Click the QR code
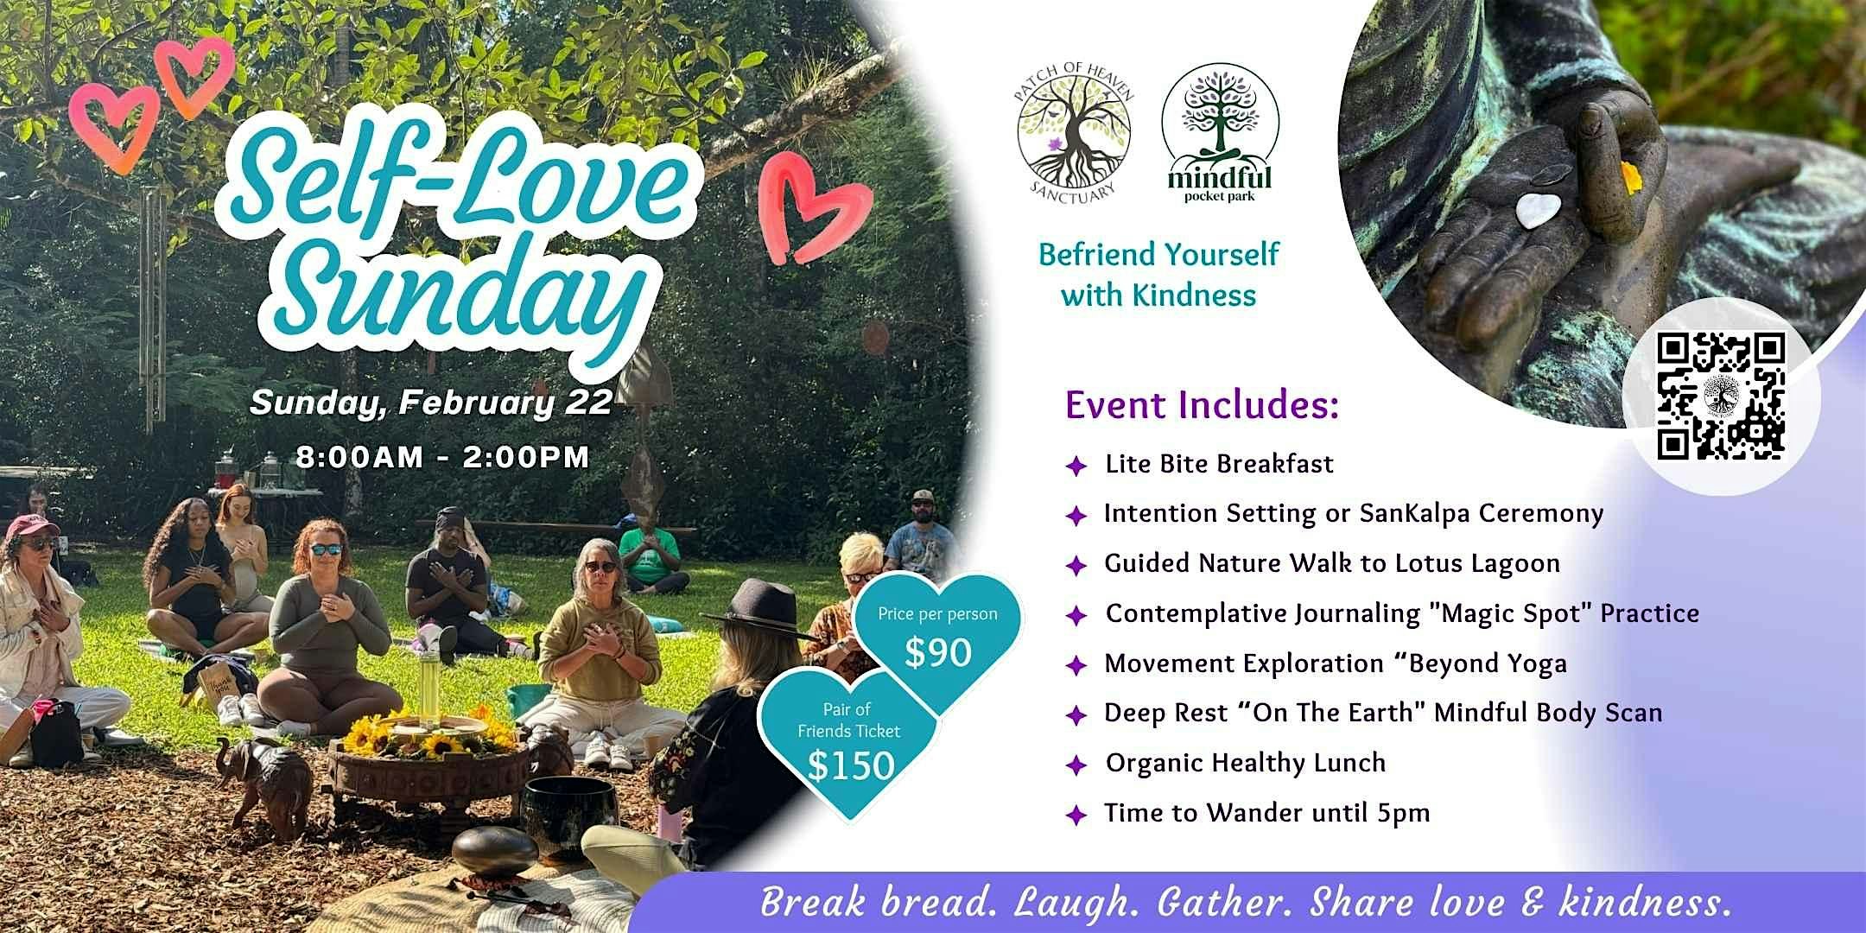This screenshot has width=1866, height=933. (x=1721, y=396)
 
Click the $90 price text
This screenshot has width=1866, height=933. (x=937, y=653)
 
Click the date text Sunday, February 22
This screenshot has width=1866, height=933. (x=431, y=403)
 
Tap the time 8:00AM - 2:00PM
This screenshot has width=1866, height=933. (x=442, y=457)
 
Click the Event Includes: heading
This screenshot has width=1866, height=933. (x=1202, y=406)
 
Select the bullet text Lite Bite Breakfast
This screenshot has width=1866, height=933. (x=1219, y=464)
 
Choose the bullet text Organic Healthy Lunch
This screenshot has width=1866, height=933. (x=1245, y=763)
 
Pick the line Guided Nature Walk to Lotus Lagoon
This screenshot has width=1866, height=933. (x=1332, y=564)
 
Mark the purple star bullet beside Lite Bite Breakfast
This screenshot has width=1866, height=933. (x=1076, y=467)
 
